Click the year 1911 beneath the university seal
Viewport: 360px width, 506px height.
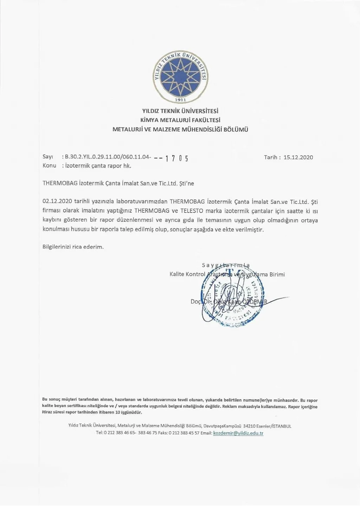click(x=180, y=99)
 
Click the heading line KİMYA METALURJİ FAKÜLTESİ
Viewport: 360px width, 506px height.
click(x=180, y=120)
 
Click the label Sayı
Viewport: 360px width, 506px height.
click(x=47, y=157)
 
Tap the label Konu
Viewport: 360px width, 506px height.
click(x=49, y=165)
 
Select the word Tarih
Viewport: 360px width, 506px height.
click(x=271, y=157)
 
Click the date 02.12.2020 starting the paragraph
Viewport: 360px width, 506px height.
click(x=57, y=202)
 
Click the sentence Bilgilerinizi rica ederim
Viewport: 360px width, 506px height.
click(x=73, y=247)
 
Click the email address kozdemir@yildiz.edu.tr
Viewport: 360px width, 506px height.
click(x=238, y=433)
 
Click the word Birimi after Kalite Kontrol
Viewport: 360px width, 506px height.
click(x=277, y=274)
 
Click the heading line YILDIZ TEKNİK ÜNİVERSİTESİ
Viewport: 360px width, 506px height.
click(x=180, y=111)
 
